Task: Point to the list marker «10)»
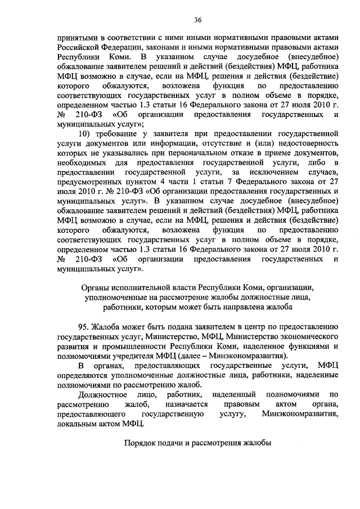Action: (x=85, y=135)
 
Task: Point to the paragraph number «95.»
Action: (x=85, y=327)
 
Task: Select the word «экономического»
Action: (x=309, y=336)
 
